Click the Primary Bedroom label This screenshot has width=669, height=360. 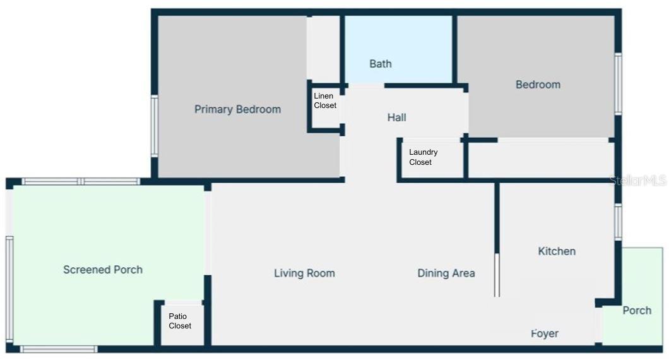pyautogui.click(x=238, y=109)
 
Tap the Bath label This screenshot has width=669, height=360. pyautogui.click(x=380, y=64)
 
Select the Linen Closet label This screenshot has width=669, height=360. pyautogui.click(x=325, y=101)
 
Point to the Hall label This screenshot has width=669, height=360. pyautogui.click(x=396, y=117)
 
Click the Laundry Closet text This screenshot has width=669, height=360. pyautogui.click(x=423, y=157)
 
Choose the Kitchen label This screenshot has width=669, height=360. pyautogui.click(x=557, y=251)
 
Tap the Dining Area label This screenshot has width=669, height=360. pyautogui.click(x=446, y=273)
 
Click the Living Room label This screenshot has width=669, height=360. pyautogui.click(x=304, y=273)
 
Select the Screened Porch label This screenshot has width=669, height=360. pyautogui.click(x=103, y=270)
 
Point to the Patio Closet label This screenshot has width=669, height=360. pyautogui.click(x=180, y=321)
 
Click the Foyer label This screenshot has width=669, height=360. pyautogui.click(x=545, y=333)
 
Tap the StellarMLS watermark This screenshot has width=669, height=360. pyautogui.click(x=638, y=180)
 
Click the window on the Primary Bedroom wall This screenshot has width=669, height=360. pyautogui.click(x=155, y=126)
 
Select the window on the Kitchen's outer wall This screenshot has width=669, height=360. pyautogui.click(x=618, y=222)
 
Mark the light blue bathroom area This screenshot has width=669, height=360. pyautogui.click(x=398, y=49)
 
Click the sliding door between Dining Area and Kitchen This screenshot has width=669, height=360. pyautogui.click(x=497, y=275)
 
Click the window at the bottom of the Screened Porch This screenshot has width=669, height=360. pyautogui.click(x=59, y=349)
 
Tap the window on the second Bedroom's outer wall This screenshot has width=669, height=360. pyautogui.click(x=618, y=84)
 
